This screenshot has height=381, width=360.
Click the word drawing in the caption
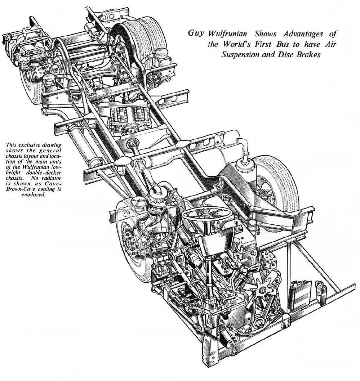52,145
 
